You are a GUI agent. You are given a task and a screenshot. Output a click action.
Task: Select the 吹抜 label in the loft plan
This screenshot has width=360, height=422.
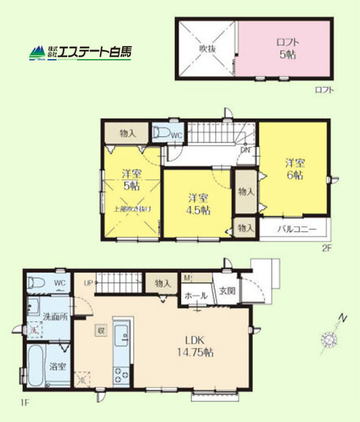[x=207, y=47]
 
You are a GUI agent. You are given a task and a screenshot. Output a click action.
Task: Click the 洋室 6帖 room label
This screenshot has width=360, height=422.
[x=294, y=169]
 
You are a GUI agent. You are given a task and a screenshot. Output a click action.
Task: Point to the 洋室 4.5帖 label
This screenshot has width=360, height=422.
[x=198, y=203]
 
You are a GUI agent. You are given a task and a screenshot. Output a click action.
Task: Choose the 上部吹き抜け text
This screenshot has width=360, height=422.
[x=133, y=208]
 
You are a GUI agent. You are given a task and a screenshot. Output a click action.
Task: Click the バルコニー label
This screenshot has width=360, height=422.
[x=296, y=229]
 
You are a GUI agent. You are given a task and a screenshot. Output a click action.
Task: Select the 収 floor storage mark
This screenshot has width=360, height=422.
[x=101, y=330]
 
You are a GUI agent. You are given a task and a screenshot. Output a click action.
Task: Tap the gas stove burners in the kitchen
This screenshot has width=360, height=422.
[x=122, y=375]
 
